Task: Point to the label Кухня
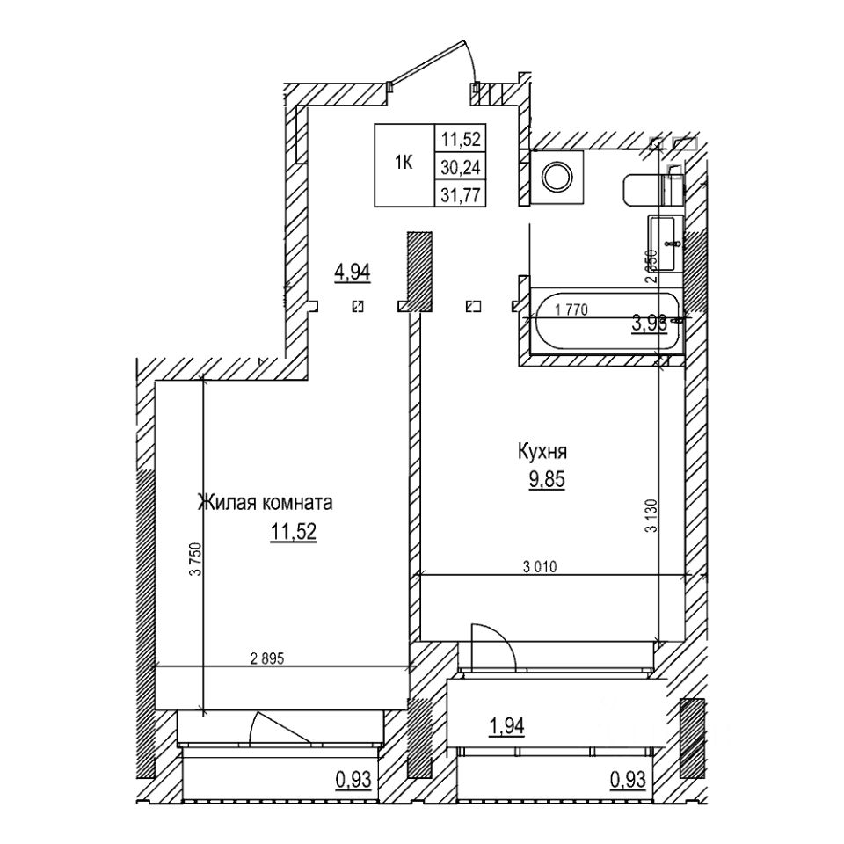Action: (x=541, y=454)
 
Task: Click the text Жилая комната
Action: (x=265, y=504)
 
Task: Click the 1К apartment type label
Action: (x=404, y=164)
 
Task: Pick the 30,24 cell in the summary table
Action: (x=462, y=164)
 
